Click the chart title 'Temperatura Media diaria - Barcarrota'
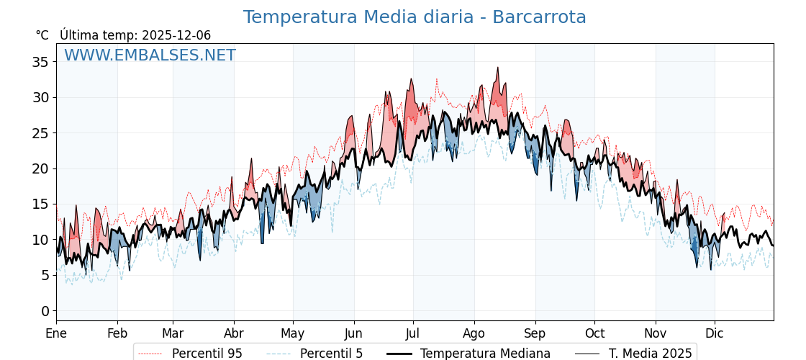[414, 17]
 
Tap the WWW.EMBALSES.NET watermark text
[150, 55]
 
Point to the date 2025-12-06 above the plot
[176, 35]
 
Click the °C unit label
[42, 35]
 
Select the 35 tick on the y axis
[40, 62]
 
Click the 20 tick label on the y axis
[40, 168]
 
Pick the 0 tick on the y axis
[45, 311]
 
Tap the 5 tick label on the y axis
[45, 275]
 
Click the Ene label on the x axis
[56, 333]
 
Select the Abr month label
[234, 333]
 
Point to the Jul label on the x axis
[413, 333]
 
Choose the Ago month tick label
[474, 333]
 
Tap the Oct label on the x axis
[594, 333]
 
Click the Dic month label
[715, 333]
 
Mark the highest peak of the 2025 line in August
[497, 68]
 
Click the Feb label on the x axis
[117, 333]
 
